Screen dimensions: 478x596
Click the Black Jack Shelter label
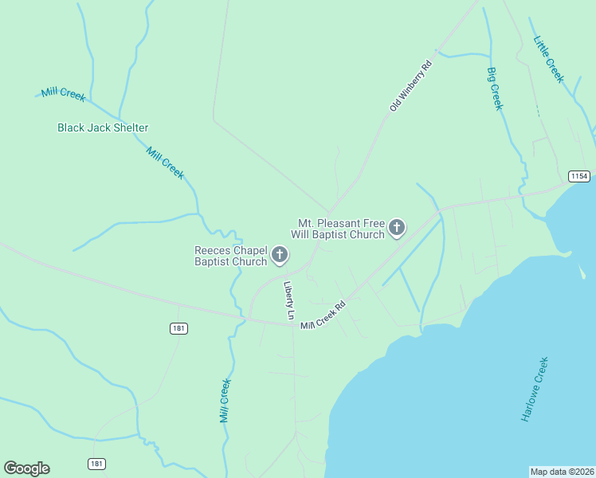pyautogui.click(x=103, y=127)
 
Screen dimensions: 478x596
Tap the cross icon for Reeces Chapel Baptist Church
pyautogui.click(x=280, y=255)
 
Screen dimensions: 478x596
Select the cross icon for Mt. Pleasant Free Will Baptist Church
pyautogui.click(x=396, y=229)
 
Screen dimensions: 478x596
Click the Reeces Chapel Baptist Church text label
pyautogui.click(x=231, y=256)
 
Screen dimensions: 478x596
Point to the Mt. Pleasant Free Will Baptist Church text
pyautogui.click(x=341, y=229)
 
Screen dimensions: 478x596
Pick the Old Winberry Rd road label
pyautogui.click(x=410, y=85)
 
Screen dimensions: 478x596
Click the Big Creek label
pyautogui.click(x=495, y=88)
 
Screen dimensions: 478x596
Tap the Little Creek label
pyautogui.click(x=549, y=59)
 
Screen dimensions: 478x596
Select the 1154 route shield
pyautogui.click(x=578, y=175)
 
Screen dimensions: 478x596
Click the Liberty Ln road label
pyautogui.click(x=289, y=300)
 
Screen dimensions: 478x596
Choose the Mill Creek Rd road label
pyautogui.click(x=323, y=315)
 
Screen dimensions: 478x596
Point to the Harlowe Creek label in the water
pyautogui.click(x=535, y=389)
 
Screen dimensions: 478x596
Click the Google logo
pyautogui.click(x=26, y=468)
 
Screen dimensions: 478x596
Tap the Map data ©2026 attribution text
pyautogui.click(x=563, y=472)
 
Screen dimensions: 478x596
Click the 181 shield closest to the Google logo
pyautogui.click(x=96, y=464)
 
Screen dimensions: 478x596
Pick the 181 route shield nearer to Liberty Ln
pyautogui.click(x=178, y=328)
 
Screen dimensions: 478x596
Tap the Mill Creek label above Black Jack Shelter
pyautogui.click(x=64, y=94)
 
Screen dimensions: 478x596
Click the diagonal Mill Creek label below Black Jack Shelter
pyautogui.click(x=165, y=163)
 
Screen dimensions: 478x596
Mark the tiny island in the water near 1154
pyautogui.click(x=582, y=272)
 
